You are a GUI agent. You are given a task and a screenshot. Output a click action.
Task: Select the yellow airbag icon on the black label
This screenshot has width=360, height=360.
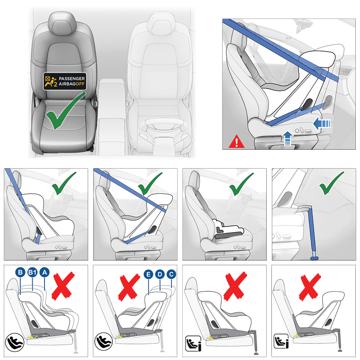49,81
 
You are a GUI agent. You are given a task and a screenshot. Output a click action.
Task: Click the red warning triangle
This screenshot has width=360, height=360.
235,141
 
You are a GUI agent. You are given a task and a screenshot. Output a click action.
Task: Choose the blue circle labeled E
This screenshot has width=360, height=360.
147,274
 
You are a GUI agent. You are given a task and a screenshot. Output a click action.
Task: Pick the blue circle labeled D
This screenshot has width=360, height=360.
160,274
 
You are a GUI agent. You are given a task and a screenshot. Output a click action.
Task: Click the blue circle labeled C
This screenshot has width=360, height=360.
171,274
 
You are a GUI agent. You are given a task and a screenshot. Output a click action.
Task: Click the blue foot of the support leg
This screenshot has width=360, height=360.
313,258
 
